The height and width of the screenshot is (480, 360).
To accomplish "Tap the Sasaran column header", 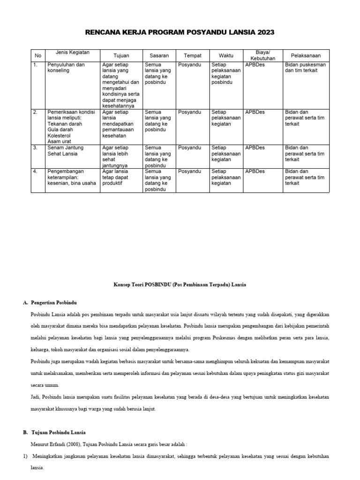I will (x=159, y=55).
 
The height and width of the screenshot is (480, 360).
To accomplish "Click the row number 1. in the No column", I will (x=35, y=65).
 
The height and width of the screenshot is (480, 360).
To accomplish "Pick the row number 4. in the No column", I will (x=35, y=172).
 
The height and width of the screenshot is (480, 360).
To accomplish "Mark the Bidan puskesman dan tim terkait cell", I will (x=305, y=67).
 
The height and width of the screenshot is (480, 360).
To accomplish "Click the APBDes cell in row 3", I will (x=255, y=148).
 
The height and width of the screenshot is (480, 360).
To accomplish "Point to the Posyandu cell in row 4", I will (x=190, y=172).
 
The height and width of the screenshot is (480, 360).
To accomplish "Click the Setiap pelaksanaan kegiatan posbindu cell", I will (x=226, y=73).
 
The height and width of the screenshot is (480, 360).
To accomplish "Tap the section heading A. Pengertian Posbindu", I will (x=56, y=303).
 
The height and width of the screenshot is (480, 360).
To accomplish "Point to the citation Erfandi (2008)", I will (x=66, y=444).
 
